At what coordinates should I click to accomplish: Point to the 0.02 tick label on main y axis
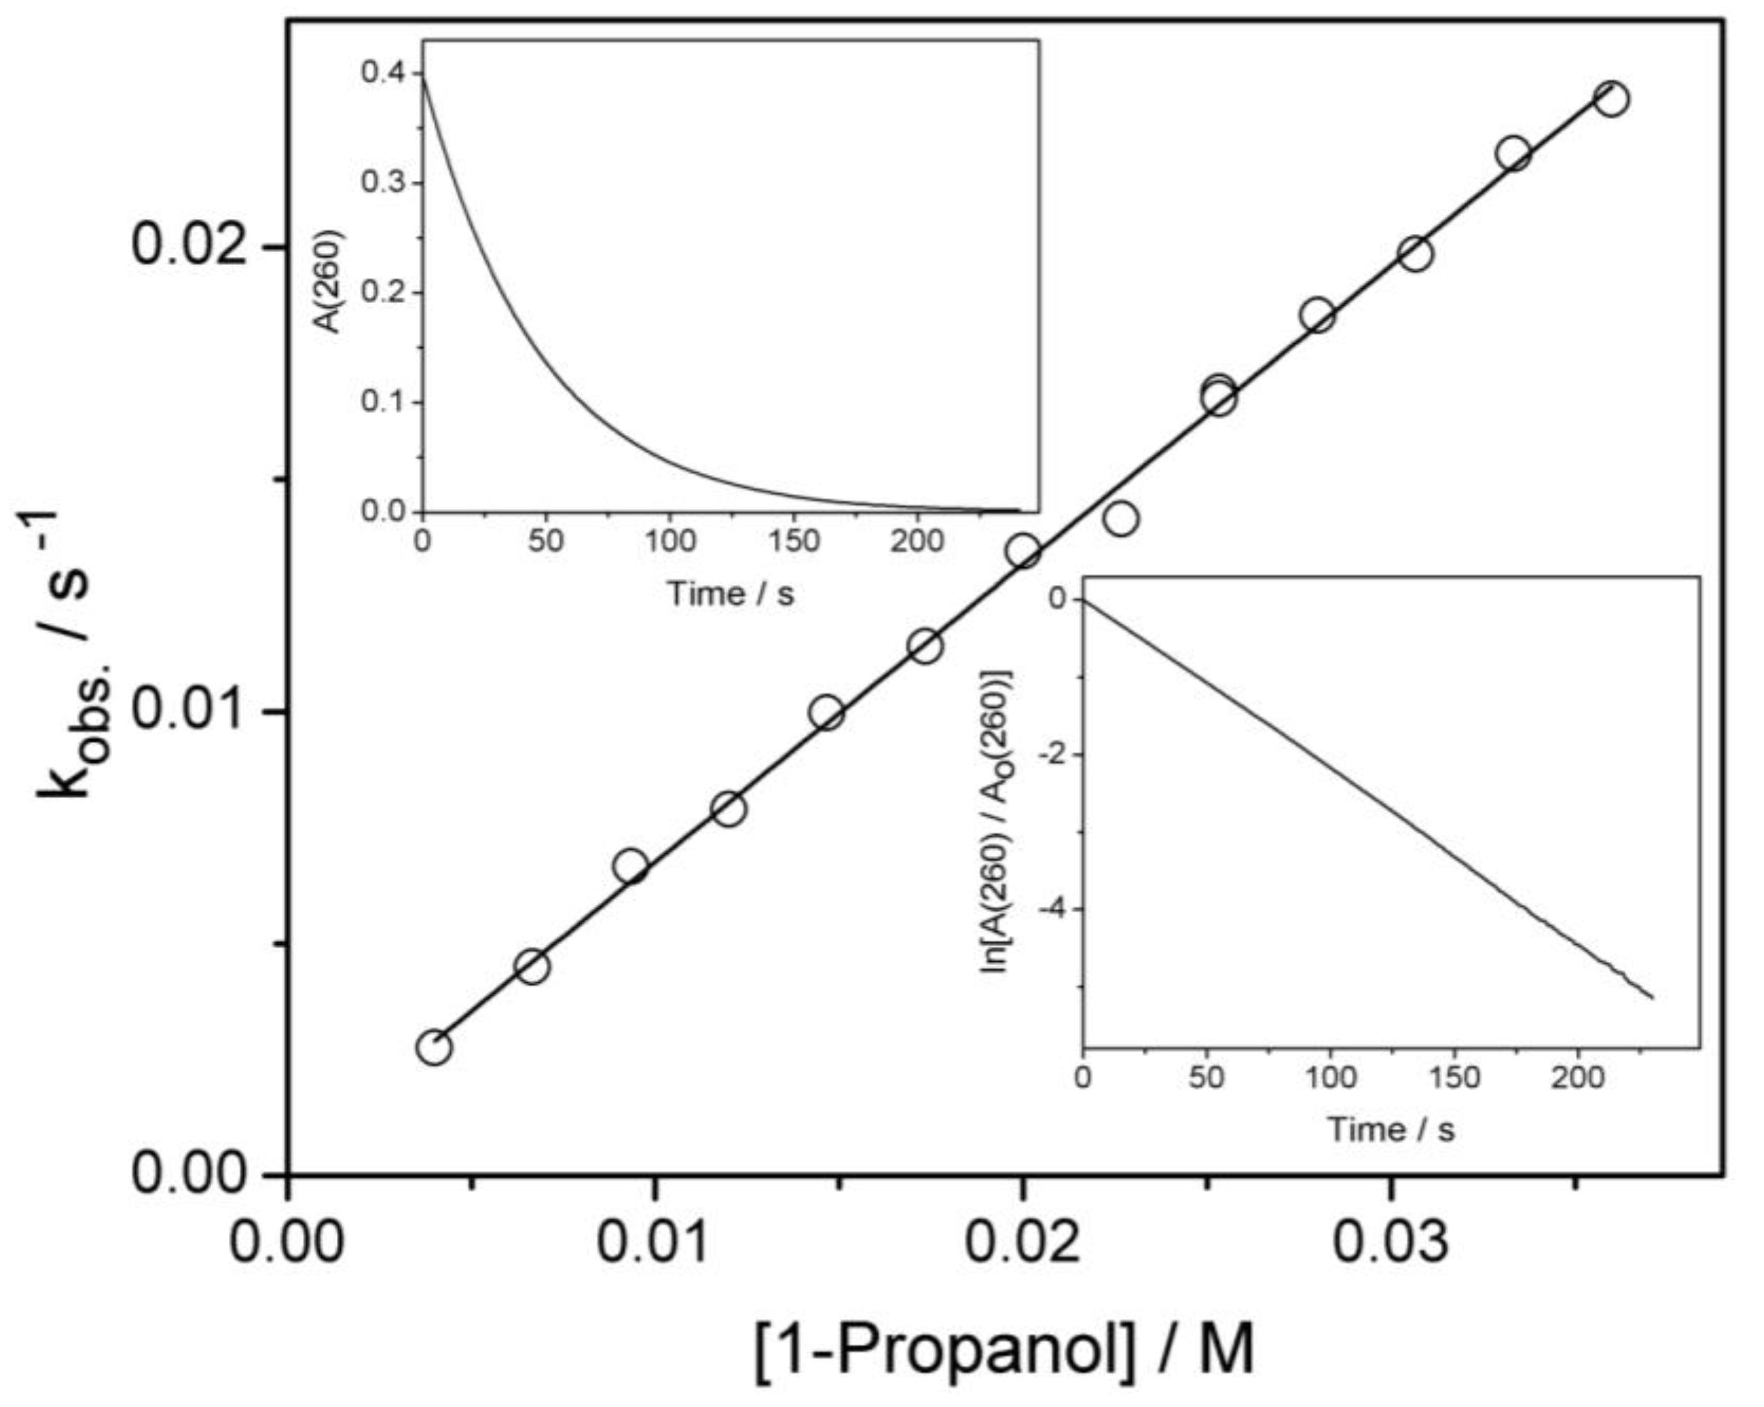[190, 244]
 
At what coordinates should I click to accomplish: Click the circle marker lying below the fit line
[1122, 518]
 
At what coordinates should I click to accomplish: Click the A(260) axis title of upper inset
[330, 280]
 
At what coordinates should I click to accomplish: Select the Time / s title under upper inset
[731, 593]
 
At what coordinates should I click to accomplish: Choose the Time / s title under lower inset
[1391, 1130]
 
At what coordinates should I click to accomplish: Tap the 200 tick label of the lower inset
[1578, 1078]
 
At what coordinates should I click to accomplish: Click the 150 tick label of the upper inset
[794, 541]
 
